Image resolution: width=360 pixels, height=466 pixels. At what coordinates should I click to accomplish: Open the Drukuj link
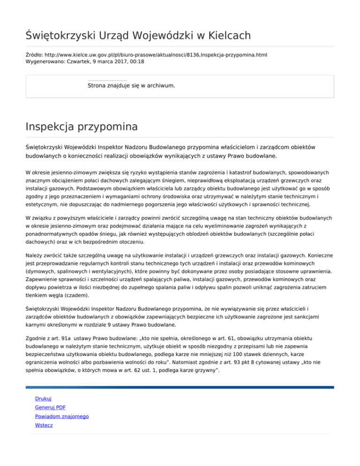tap(43, 398)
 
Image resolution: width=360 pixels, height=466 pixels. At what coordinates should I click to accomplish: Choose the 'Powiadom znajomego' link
tap(62, 416)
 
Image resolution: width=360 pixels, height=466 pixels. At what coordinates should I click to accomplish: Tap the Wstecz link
tap(44, 425)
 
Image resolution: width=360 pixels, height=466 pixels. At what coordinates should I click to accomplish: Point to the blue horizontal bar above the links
tap(180, 387)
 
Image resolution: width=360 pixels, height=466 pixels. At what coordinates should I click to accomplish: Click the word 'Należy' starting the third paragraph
tap(35, 256)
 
